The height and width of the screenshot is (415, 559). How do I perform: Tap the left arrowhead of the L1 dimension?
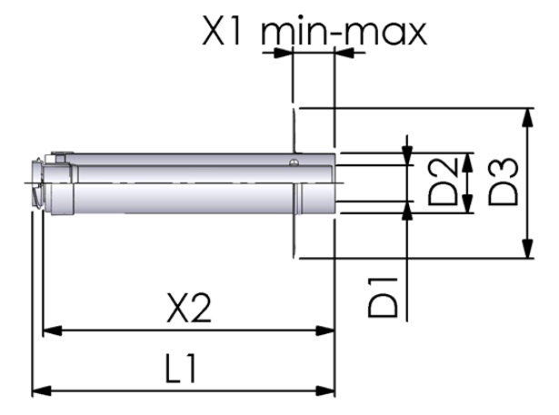click(42, 391)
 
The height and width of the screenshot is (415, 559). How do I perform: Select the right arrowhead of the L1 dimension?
click(326, 391)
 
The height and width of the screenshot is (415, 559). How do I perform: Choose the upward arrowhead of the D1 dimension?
click(407, 211)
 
